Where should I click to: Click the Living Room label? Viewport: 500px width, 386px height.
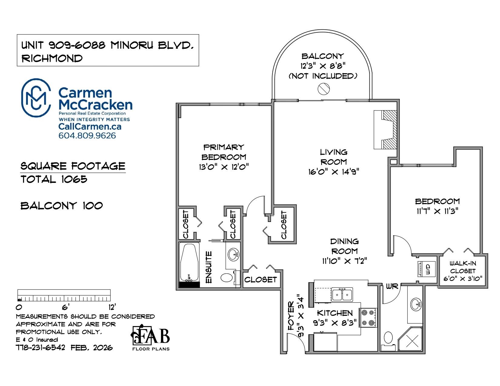point(333,157)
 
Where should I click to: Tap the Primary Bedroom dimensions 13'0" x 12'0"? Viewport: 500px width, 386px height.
point(224,167)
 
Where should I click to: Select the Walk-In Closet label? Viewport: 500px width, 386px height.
point(462,267)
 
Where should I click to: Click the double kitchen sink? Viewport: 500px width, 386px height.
point(342,295)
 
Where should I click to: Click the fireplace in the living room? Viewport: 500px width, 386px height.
point(385,130)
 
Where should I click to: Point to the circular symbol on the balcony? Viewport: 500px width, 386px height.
point(324,89)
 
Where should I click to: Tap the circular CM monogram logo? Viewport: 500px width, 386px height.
point(36,98)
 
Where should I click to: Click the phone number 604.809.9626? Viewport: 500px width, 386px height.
point(87,136)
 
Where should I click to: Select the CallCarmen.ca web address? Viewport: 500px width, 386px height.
point(90,127)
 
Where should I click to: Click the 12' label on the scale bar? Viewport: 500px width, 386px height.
point(112,307)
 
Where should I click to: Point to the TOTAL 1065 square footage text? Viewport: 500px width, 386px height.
point(54,179)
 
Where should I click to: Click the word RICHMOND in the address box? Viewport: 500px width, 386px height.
point(52,58)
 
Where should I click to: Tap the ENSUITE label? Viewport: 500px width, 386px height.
point(208,267)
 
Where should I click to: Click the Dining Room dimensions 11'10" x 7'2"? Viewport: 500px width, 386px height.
point(345,261)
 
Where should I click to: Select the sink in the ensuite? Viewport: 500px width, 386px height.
point(233,255)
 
